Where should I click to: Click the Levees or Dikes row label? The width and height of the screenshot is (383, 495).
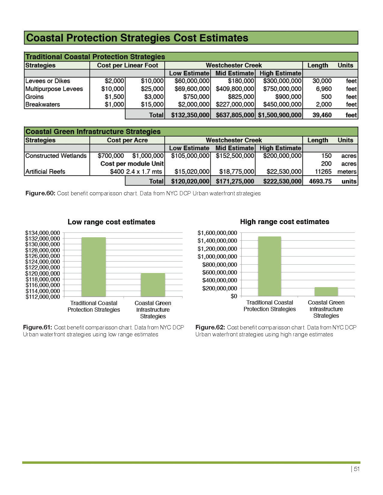(48, 81)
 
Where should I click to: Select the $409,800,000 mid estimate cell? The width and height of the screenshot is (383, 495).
(235, 89)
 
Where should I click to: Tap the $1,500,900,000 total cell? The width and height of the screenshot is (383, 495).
(279, 115)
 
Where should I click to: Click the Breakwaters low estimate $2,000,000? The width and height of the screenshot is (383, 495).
(192, 104)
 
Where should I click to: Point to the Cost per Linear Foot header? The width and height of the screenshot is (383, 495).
(127, 65)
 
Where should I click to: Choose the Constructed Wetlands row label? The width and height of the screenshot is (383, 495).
(56, 156)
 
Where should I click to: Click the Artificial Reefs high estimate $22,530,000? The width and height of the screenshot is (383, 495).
(284, 172)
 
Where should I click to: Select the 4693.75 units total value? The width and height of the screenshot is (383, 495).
(320, 181)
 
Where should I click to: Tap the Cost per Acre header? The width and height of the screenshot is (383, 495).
(127, 140)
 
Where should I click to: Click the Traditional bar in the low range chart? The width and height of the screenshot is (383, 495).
(93, 267)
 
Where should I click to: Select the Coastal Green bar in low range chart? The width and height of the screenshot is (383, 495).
(153, 285)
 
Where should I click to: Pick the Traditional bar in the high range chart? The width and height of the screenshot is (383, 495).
(269, 266)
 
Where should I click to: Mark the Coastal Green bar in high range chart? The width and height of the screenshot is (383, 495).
(326, 292)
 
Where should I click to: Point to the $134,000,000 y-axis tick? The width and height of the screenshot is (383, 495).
(43, 233)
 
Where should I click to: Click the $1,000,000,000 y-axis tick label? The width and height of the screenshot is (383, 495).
(217, 256)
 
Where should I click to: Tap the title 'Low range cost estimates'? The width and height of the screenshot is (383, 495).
(111, 222)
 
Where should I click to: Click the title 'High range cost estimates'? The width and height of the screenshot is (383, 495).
(284, 222)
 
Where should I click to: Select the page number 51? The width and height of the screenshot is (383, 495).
(357, 469)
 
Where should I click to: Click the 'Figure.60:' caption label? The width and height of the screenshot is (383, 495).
(40, 193)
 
